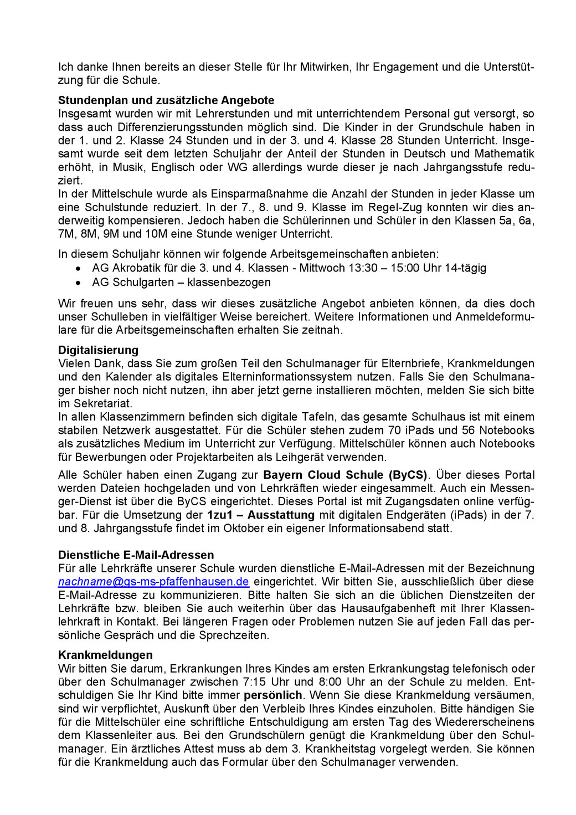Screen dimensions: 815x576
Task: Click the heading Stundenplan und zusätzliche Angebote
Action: pyautogui.click(x=166, y=100)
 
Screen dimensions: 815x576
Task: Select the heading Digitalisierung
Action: pyautogui.click(x=98, y=350)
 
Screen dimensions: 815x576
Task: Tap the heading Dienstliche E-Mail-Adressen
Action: pyautogui.click(x=136, y=555)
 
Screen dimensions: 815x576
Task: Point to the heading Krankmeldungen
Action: pyautogui.click(x=105, y=655)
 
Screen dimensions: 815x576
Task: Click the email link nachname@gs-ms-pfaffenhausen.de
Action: pyautogui.click(x=153, y=582)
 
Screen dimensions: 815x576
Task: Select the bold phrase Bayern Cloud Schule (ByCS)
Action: pyautogui.click(x=346, y=475)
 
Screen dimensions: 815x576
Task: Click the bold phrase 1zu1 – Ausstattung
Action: pyautogui.click(x=261, y=515)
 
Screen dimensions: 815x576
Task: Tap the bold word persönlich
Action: pyautogui.click(x=273, y=695)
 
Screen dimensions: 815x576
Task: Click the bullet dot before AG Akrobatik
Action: pyautogui.click(x=79, y=268)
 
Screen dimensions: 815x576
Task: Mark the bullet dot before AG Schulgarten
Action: pyautogui.click(x=79, y=283)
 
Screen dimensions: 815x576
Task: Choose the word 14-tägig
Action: pyautogui.click(x=462, y=268)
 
